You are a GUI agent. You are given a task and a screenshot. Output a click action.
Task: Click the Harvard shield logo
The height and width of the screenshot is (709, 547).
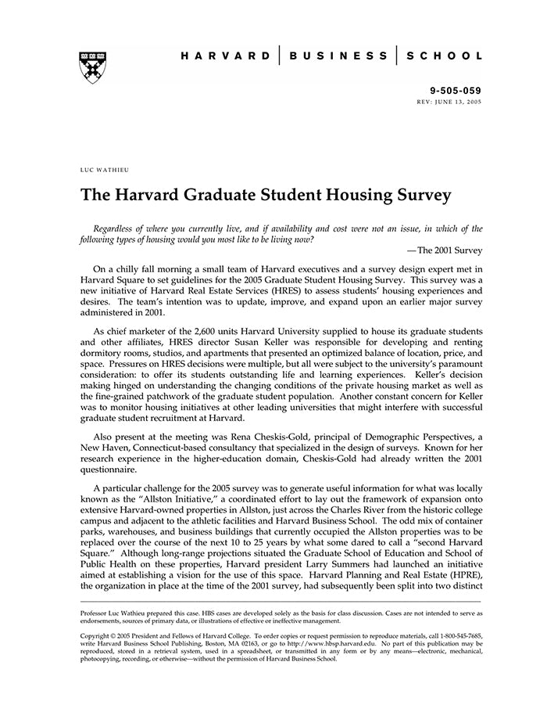[93, 67]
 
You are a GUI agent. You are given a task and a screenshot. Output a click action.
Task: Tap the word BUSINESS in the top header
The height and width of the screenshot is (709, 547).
[338, 56]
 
